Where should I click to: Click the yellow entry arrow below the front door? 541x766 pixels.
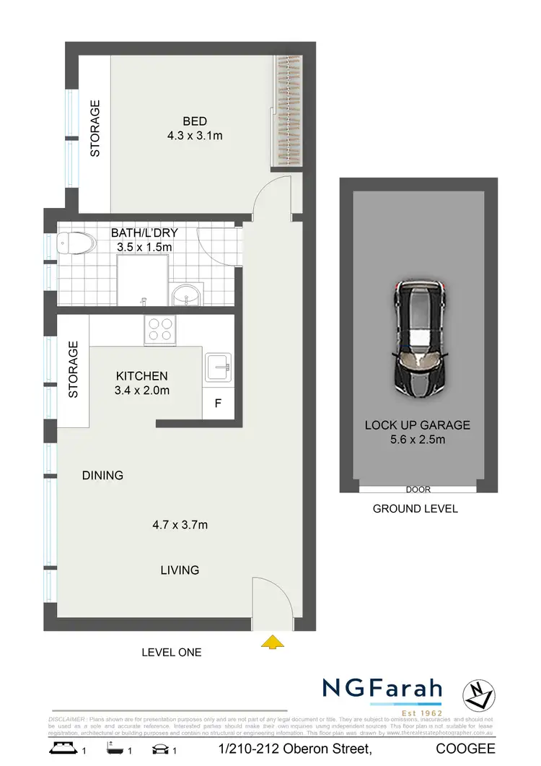(x=271, y=640)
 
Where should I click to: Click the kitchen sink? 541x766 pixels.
(x=217, y=368)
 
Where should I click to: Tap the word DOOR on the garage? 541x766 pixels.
(x=418, y=489)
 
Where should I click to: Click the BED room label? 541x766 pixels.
(x=195, y=121)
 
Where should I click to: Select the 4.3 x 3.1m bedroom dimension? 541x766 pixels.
(x=195, y=135)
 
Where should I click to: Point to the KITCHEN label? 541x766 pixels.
(x=142, y=376)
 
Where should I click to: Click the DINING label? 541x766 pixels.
(x=102, y=475)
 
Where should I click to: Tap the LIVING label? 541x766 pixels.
(x=180, y=570)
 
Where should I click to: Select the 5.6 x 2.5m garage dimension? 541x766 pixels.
(x=418, y=440)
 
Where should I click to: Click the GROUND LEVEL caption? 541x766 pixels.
(x=415, y=508)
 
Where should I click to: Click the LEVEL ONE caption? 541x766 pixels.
(x=172, y=652)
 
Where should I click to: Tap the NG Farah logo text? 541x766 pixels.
(x=382, y=689)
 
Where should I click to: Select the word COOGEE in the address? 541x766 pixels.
(x=465, y=751)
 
